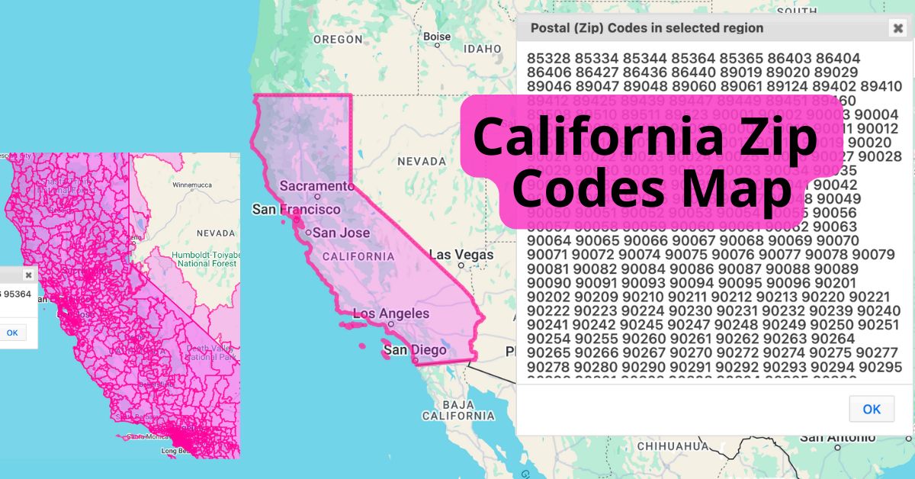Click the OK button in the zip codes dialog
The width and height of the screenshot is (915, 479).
[872, 409]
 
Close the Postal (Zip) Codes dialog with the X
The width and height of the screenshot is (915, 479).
[897, 29]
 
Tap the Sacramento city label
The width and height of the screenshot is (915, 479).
[312, 186]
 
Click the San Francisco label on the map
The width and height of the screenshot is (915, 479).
[297, 209]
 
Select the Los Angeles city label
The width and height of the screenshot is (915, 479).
[390, 313]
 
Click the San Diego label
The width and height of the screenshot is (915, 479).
[414, 350]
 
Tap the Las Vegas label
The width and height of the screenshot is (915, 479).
[461, 255]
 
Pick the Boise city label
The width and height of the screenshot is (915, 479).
[437, 36]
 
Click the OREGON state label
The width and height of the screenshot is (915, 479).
[338, 39]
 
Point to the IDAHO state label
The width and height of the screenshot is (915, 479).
[483, 49]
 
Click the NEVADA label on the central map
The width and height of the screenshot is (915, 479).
[421, 162]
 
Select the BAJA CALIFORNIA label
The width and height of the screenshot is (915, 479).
[458, 410]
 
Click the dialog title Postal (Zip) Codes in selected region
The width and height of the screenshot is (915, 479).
[647, 28]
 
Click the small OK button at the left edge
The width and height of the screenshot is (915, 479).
[12, 333]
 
